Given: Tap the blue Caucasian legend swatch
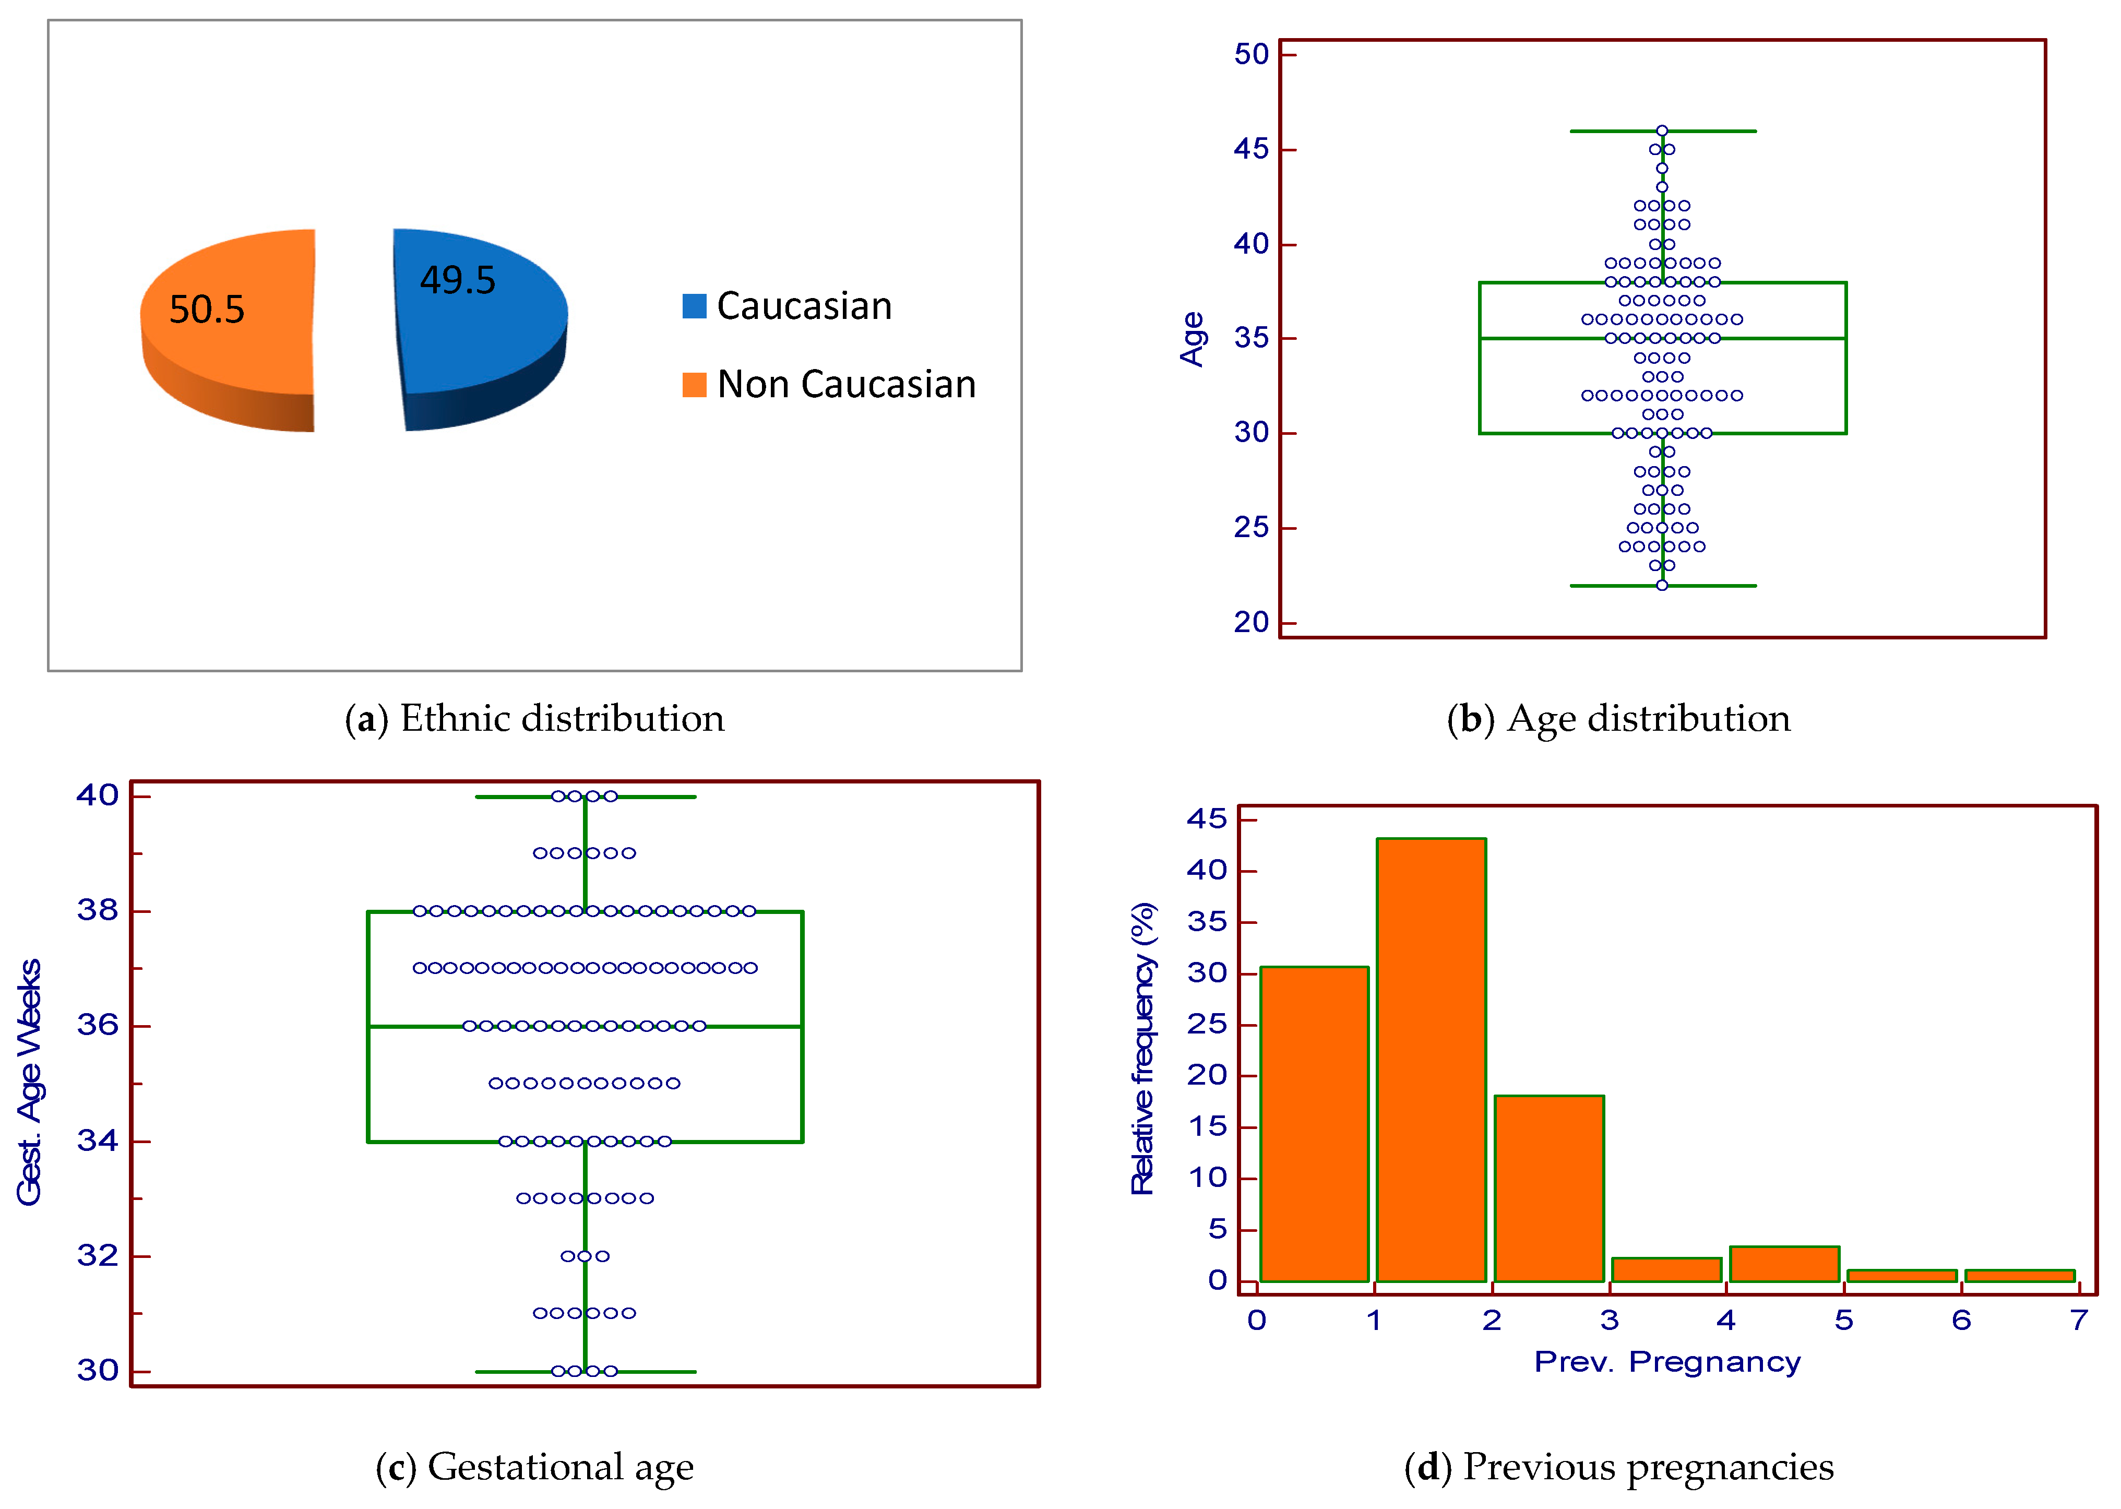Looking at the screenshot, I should coord(694,306).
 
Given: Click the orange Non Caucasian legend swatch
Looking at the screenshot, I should coord(694,384).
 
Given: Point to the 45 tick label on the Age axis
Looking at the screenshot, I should coord(1250,149).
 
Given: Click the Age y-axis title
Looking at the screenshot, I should coord(1192,339).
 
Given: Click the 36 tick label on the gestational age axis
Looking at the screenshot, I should coord(98,1025).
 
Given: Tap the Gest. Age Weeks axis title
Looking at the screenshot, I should coord(30,1083).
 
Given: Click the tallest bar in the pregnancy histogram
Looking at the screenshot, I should coord(1431,1059).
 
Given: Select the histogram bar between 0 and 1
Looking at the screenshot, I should coord(1314,1124).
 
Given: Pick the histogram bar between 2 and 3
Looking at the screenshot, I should coord(1548,1190).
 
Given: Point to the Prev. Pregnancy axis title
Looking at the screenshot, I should coord(1667,1362).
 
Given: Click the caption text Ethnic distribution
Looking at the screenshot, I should coord(562,718).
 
